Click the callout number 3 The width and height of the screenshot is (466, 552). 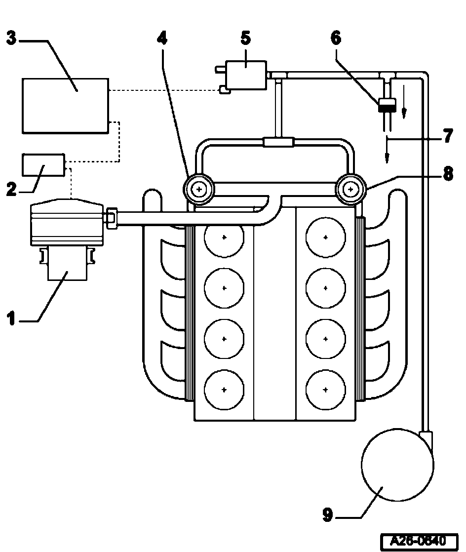(x=11, y=38)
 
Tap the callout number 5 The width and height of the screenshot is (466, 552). (x=246, y=38)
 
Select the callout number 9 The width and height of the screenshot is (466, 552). (x=328, y=514)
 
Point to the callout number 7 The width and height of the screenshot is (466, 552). (x=448, y=136)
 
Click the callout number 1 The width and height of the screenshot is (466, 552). (x=11, y=318)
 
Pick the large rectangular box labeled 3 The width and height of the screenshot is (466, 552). (x=66, y=106)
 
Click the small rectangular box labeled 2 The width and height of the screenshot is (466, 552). (x=43, y=165)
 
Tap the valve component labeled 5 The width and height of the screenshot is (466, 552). (x=246, y=75)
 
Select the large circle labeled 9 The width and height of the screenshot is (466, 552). (x=397, y=465)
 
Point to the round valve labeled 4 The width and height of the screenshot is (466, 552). (x=199, y=190)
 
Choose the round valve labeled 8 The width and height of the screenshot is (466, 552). (x=350, y=190)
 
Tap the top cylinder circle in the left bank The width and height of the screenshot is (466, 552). (x=224, y=237)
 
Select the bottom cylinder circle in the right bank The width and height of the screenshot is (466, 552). (x=326, y=390)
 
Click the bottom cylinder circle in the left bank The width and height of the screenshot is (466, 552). (x=224, y=390)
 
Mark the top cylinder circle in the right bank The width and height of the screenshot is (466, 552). (x=326, y=237)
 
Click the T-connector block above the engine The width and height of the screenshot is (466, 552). (x=278, y=142)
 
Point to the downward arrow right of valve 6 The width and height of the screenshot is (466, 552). (x=404, y=102)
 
